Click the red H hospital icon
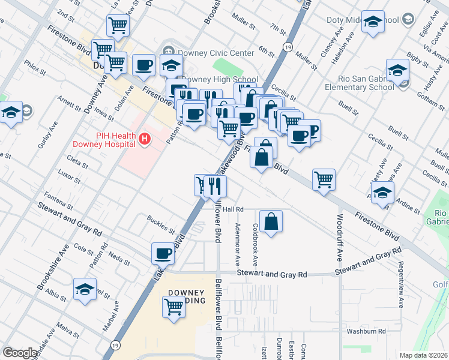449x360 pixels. (x=144, y=139)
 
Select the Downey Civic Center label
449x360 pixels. (x=213, y=53)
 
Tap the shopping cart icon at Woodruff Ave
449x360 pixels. (x=324, y=179)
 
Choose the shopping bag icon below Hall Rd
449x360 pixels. (x=271, y=221)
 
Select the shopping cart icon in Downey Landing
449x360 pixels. (x=173, y=307)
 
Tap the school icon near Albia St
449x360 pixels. (x=85, y=289)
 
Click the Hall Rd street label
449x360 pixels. (x=232, y=209)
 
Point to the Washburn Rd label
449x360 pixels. (x=366, y=331)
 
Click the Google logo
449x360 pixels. (x=20, y=353)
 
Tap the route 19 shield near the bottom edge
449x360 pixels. (x=115, y=345)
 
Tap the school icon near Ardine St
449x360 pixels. (x=382, y=193)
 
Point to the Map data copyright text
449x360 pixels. (x=423, y=355)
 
